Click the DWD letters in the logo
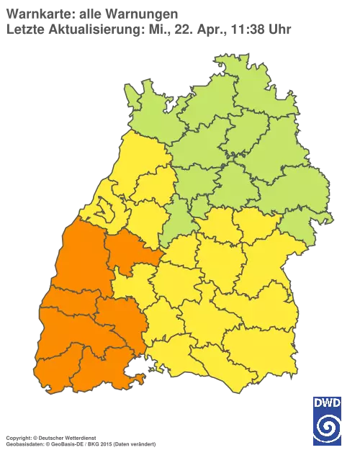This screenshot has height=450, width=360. point(328,401)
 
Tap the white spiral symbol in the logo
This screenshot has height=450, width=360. point(328,426)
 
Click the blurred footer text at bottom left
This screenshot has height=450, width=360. point(79,436)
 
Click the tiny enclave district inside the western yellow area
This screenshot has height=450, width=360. point(107,211)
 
